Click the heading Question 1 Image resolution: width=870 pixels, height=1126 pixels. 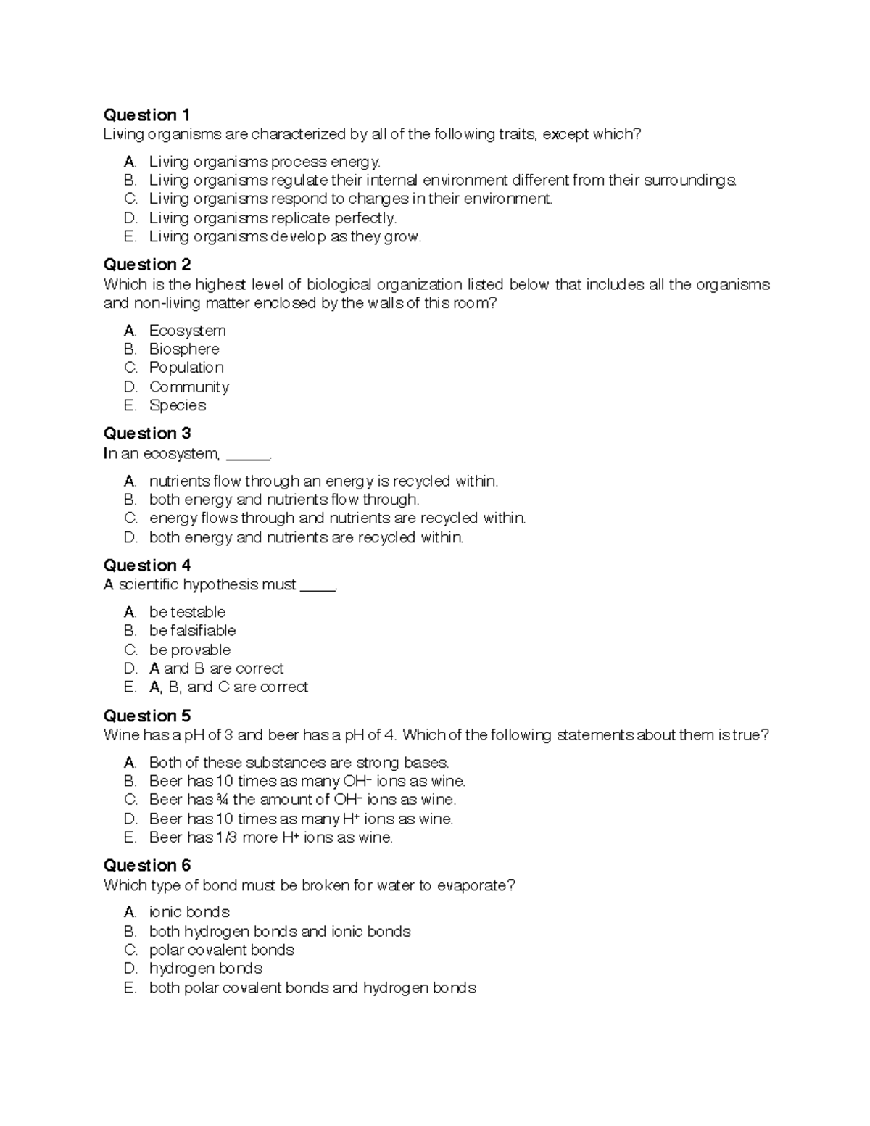[x=146, y=115]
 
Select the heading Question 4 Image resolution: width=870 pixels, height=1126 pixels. [x=146, y=565]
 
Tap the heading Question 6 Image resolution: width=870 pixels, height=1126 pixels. [x=146, y=865]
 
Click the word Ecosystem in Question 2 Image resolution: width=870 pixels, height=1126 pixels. [x=187, y=331]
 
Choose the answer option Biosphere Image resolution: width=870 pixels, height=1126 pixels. [x=184, y=349]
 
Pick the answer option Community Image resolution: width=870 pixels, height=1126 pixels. [x=188, y=386]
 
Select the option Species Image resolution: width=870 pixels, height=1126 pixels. [x=178, y=405]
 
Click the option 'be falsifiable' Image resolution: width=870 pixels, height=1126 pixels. [x=192, y=631]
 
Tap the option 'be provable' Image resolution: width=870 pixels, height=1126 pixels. [x=190, y=650]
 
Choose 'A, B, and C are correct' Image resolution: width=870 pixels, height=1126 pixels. [x=228, y=687]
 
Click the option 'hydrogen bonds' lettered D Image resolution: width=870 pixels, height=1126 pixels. [x=205, y=969]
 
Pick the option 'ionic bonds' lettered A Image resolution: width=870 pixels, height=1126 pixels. [x=189, y=912]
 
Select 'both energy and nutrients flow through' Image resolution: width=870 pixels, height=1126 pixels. [x=283, y=500]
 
